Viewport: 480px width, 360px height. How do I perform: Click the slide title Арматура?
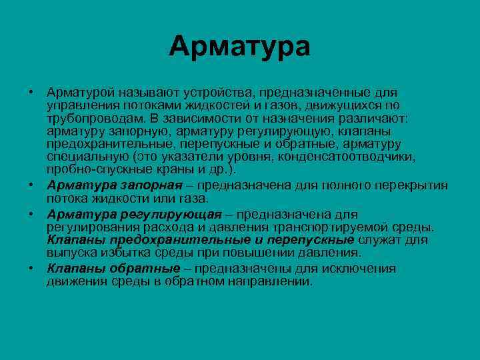240,47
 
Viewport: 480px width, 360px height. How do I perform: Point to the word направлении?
267,281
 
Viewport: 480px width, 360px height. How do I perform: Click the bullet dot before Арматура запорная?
32,185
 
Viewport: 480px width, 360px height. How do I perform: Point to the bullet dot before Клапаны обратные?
32,268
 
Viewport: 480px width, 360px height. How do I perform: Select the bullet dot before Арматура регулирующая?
32,214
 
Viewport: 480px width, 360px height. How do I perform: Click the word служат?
377,240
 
